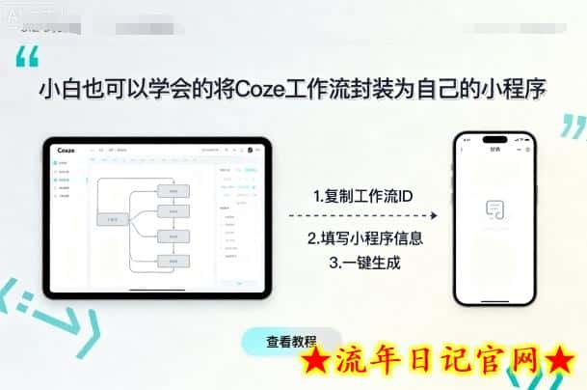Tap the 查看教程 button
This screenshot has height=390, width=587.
(291, 341)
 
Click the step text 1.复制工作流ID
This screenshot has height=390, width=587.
(363, 196)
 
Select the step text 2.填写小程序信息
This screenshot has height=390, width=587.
(365, 237)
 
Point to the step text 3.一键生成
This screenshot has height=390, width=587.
(365, 261)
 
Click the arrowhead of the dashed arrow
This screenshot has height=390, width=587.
(432, 216)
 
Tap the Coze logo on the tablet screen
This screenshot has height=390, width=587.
(66, 150)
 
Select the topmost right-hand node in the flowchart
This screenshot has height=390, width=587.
(173, 191)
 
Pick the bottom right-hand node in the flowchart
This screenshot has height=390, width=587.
(173, 261)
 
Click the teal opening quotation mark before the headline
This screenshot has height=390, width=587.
(27, 57)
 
